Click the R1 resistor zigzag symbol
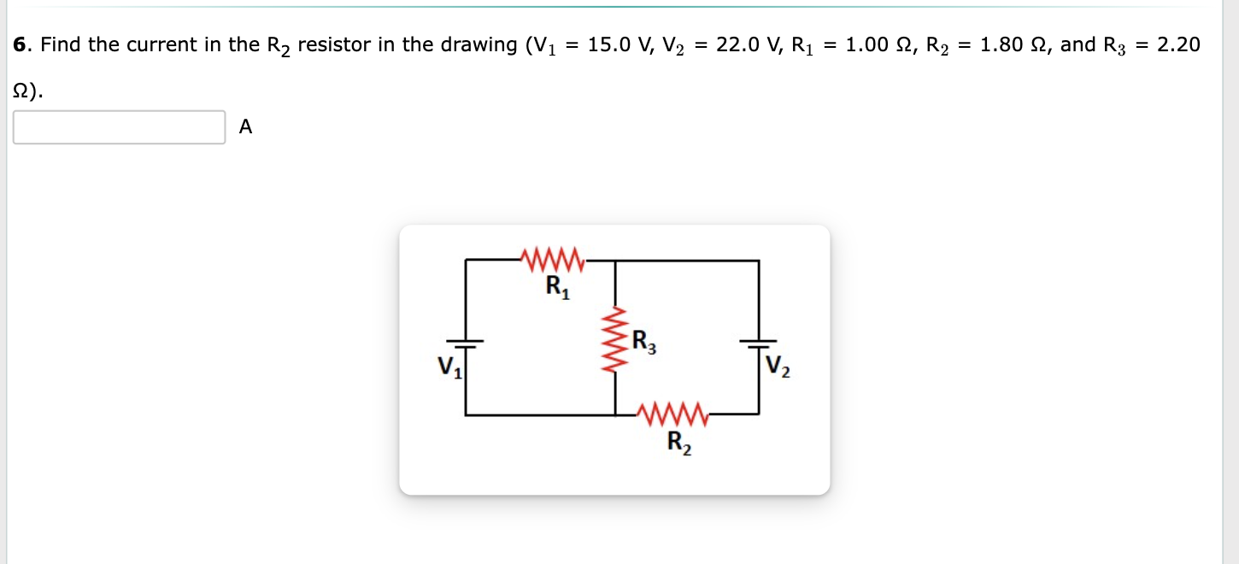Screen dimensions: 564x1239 point(551,257)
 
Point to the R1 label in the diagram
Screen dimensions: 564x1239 point(557,286)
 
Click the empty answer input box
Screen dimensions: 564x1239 point(120,127)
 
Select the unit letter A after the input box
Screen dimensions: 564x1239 point(246,127)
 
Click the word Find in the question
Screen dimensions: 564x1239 point(62,44)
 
